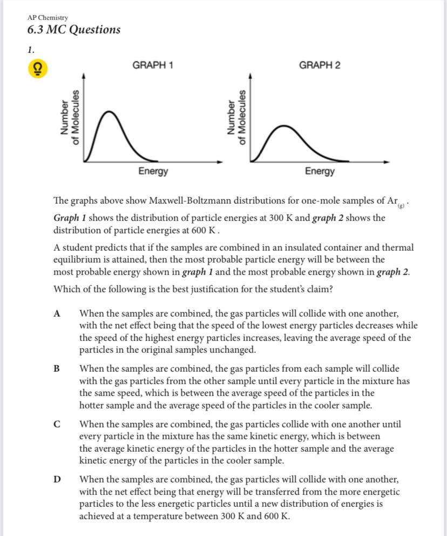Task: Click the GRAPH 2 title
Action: point(320,65)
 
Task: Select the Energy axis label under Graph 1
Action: point(153,171)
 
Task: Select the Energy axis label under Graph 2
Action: point(320,171)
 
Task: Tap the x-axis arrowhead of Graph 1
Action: point(219,162)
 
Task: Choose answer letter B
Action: point(57,369)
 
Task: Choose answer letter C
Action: point(57,425)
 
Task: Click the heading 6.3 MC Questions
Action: point(73,30)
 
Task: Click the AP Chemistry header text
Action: point(48,18)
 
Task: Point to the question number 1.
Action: point(30,49)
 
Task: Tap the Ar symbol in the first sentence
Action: point(392,201)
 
